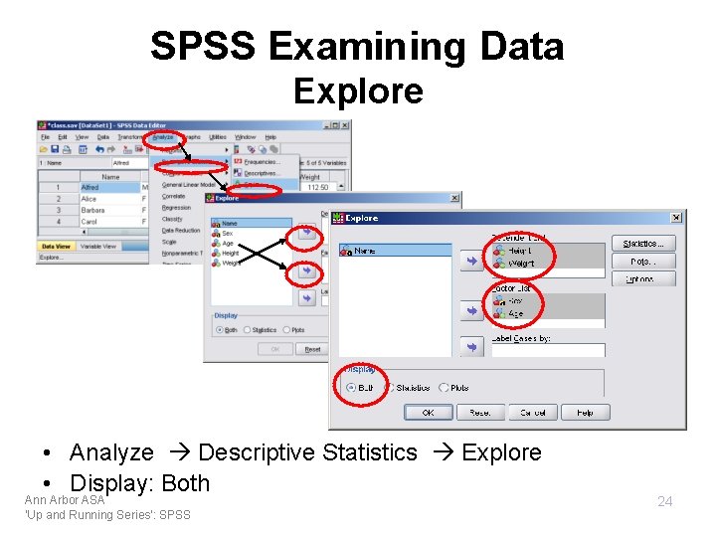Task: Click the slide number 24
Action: pyautogui.click(x=665, y=501)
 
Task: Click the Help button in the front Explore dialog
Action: pyautogui.click(x=585, y=412)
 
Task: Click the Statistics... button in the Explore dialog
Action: pyautogui.click(x=643, y=244)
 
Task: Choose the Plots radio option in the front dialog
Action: pyautogui.click(x=445, y=388)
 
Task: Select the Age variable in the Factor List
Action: pyautogui.click(x=515, y=313)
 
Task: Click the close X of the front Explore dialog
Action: pyautogui.click(x=676, y=217)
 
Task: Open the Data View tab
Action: pyautogui.click(x=56, y=246)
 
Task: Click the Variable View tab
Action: pyautogui.click(x=97, y=246)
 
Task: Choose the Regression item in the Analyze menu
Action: pyautogui.click(x=176, y=208)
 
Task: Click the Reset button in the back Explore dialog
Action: pyautogui.click(x=312, y=349)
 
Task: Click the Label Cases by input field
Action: pyautogui.click(x=547, y=350)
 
